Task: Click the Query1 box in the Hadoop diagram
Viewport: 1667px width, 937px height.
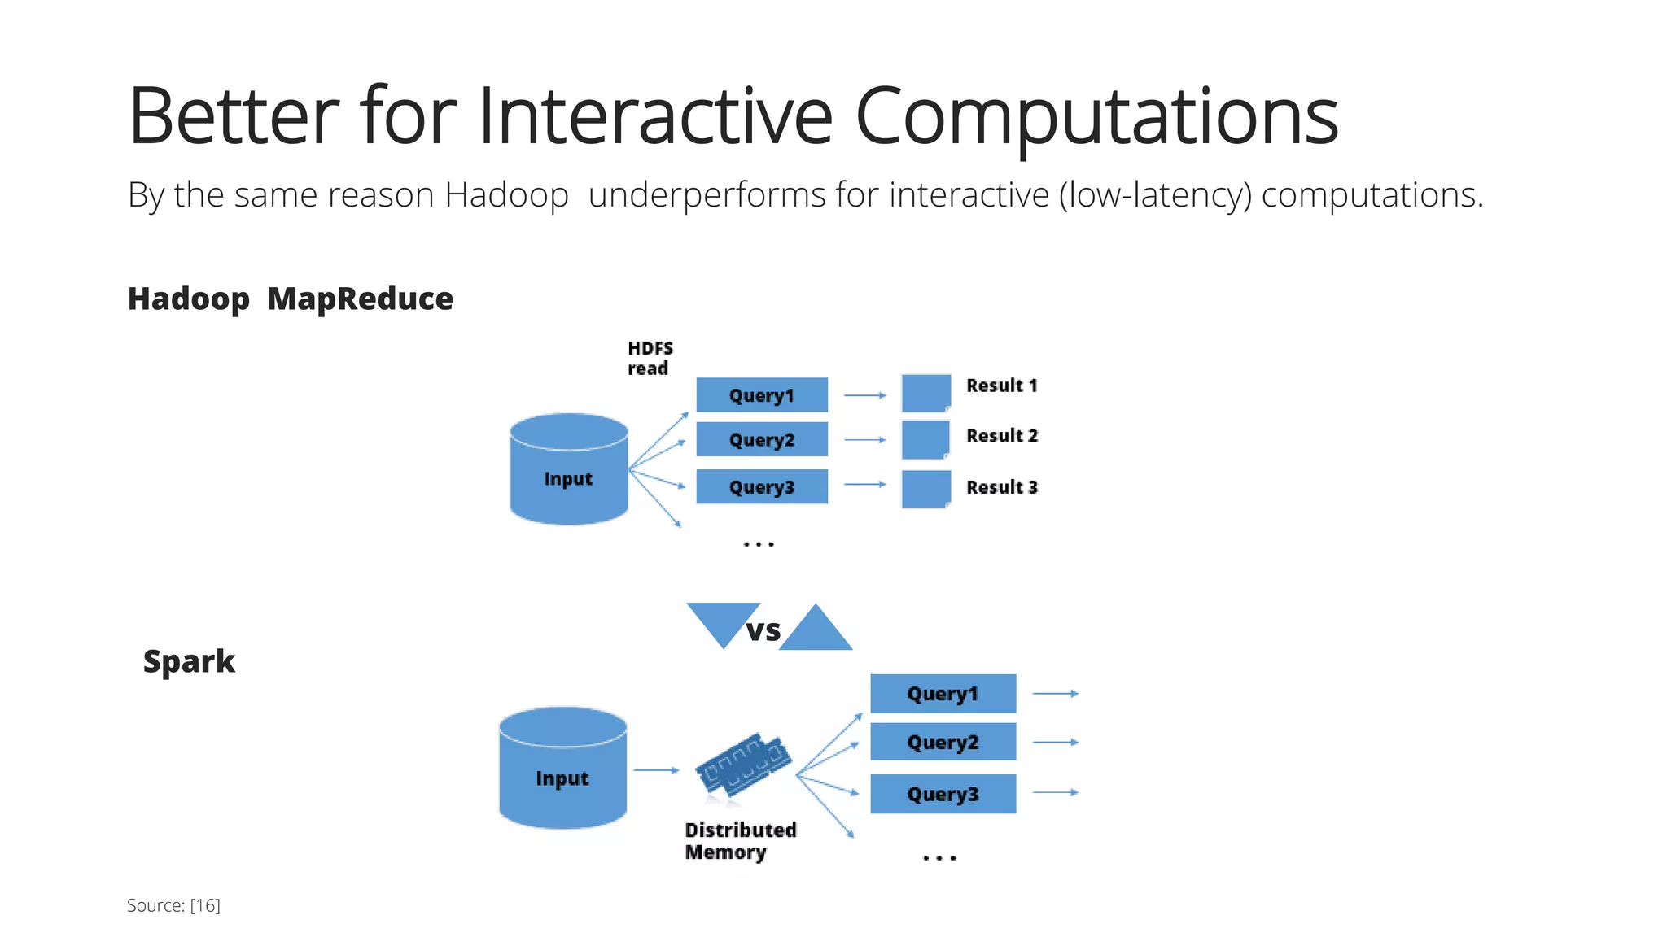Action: (x=762, y=395)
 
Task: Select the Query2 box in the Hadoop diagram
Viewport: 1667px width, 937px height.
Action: (x=762, y=439)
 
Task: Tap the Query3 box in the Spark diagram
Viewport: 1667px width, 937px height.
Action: (x=943, y=794)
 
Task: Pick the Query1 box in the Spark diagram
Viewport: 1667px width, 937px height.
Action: (x=943, y=694)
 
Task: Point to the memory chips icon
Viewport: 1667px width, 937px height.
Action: (x=743, y=765)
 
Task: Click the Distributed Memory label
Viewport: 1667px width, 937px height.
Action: (x=740, y=841)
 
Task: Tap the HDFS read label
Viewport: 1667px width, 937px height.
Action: (x=650, y=358)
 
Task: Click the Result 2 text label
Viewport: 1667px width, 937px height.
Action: (x=1002, y=436)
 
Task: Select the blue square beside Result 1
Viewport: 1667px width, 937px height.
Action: (x=926, y=393)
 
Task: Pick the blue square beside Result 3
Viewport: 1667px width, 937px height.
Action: (x=926, y=489)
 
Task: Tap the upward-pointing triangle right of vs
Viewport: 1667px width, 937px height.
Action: (x=816, y=631)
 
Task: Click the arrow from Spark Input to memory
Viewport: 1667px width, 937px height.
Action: (x=655, y=769)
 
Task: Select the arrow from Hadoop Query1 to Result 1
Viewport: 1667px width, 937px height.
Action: (x=864, y=395)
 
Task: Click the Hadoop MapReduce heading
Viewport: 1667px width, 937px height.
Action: (x=290, y=299)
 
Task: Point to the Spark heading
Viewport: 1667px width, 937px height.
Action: (x=189, y=661)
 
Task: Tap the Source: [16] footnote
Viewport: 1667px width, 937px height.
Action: (x=173, y=905)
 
